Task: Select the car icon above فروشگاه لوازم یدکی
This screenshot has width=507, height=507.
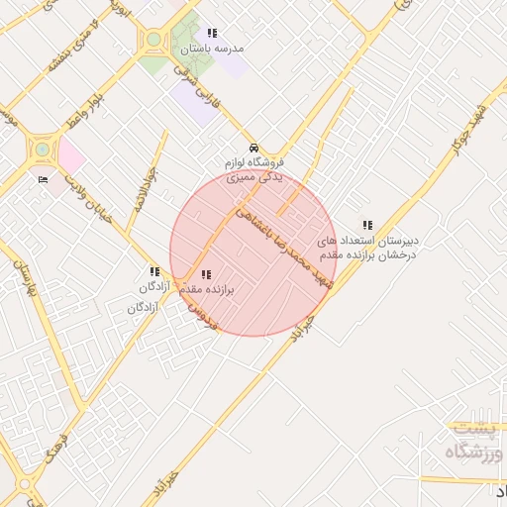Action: (x=253, y=147)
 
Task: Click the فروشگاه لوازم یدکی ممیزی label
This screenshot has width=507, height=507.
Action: (x=254, y=169)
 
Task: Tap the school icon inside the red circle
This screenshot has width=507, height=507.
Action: (x=205, y=274)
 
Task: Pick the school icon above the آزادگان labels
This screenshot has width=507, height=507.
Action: (x=153, y=271)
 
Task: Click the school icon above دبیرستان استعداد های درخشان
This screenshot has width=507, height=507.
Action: (x=368, y=225)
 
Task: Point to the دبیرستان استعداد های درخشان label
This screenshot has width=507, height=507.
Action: (x=367, y=248)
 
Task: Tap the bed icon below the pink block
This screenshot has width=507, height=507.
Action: (x=42, y=179)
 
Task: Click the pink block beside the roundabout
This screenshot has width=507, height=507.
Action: (x=71, y=154)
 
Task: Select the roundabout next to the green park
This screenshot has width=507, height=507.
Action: (x=153, y=41)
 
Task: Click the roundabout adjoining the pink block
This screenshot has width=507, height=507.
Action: (x=43, y=150)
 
